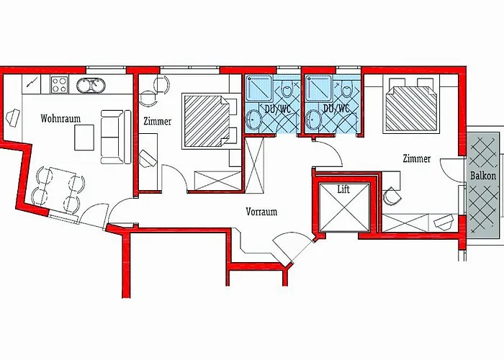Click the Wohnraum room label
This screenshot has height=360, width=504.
[x=60, y=119]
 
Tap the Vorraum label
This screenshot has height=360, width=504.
[x=261, y=212]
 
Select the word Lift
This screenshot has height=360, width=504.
[x=343, y=189]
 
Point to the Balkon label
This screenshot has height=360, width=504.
[x=483, y=176]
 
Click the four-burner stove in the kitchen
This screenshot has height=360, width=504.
[x=60, y=84]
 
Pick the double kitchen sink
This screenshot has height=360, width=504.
[x=91, y=86]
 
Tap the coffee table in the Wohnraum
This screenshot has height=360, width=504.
[x=84, y=138]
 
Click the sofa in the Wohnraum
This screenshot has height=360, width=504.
[x=116, y=137]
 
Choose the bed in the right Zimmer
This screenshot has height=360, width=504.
[x=411, y=105]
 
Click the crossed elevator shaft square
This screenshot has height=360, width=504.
[x=344, y=207]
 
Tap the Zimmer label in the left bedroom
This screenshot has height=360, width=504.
[x=157, y=122]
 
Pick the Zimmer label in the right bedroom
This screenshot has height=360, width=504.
[x=417, y=158]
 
